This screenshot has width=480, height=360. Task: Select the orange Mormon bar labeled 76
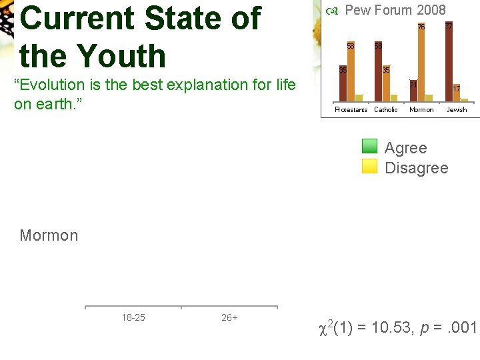(x=421, y=63)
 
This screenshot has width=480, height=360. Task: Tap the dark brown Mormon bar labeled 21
(x=413, y=92)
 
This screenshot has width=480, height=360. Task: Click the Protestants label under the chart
(x=351, y=110)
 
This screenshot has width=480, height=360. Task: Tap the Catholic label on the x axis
(x=386, y=110)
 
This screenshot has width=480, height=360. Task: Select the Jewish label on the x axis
(x=457, y=110)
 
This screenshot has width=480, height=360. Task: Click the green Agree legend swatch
(x=370, y=147)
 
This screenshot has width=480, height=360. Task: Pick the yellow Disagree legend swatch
(x=370, y=167)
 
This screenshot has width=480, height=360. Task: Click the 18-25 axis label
(x=133, y=318)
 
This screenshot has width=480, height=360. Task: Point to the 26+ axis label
(x=229, y=318)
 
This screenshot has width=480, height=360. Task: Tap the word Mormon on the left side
(x=49, y=235)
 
